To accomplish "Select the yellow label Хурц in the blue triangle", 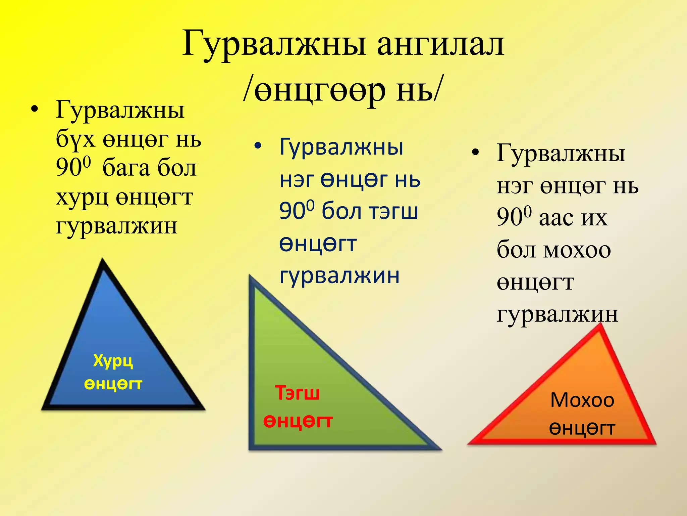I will pos(113,361).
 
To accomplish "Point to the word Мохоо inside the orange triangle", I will pos(582,400).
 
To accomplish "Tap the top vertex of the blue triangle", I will pos(103,260).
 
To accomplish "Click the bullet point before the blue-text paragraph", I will pos(257,146).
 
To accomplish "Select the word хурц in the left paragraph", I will pos(82,198).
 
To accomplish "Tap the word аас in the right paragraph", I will pos(556,218).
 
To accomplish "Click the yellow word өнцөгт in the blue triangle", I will pos(113,384).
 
